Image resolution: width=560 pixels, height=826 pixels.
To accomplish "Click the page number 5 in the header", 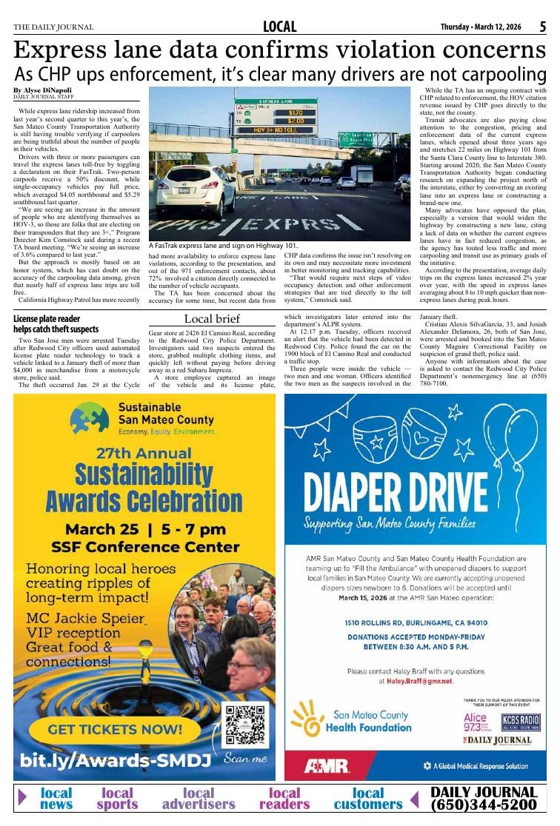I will coord(543,27).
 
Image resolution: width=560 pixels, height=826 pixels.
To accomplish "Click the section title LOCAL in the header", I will coord(280,27).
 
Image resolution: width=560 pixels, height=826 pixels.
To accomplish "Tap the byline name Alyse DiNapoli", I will coord(48,90).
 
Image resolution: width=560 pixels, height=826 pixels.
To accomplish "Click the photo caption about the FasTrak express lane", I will coord(223,246).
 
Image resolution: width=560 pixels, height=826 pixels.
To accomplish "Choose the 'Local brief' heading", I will coord(212,318).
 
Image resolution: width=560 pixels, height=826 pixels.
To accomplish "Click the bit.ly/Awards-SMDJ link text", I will coord(116,760).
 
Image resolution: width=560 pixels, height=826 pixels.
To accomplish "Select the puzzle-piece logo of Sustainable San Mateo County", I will coord(89,418).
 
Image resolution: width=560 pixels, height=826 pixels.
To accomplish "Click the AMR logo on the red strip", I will coord(327,766).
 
